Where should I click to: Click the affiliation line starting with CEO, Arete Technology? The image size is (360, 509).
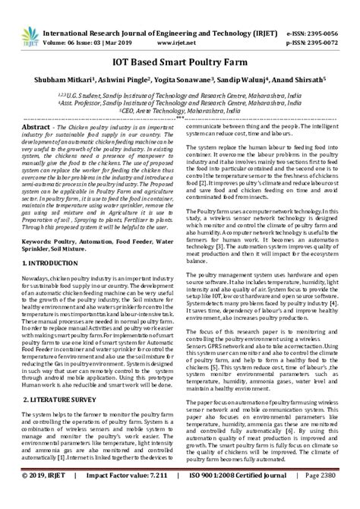[179, 109]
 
